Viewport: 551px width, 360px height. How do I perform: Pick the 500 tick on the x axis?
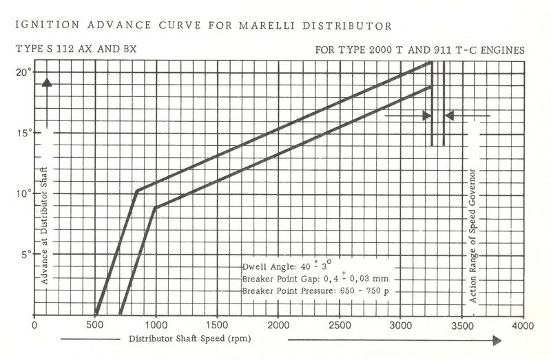(x=95, y=325)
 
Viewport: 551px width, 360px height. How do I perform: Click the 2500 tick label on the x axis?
(x=339, y=325)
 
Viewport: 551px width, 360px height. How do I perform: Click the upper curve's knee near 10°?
(x=138, y=190)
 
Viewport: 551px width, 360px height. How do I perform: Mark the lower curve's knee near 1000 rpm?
(x=156, y=207)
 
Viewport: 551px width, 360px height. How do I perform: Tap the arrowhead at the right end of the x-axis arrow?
(x=497, y=340)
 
